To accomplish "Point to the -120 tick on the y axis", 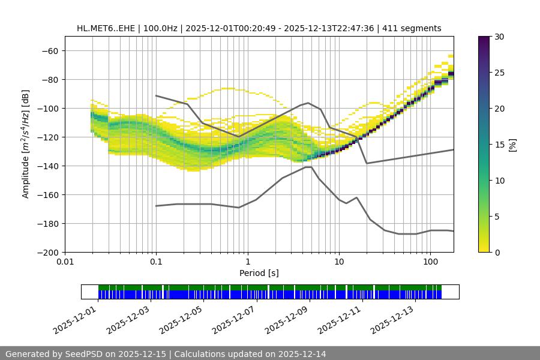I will [x=49, y=137].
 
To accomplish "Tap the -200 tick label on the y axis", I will [x=49, y=252].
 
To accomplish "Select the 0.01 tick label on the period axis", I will [x=65, y=262].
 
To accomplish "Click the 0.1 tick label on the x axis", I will [x=156, y=262].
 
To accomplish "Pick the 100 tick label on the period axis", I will [x=430, y=262].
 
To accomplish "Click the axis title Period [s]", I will [x=259, y=273].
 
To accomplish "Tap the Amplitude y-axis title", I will [x=26, y=144].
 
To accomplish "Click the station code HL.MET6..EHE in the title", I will [x=106, y=28].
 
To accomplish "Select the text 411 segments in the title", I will [x=415, y=28].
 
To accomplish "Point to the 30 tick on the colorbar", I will [x=499, y=37].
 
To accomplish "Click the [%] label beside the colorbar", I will [x=512, y=145].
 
